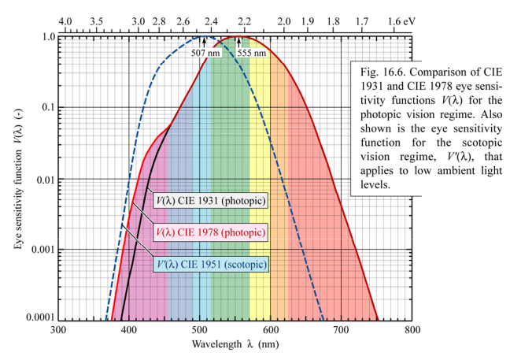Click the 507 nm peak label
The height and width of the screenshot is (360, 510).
[204, 54]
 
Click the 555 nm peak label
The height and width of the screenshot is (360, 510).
[253, 54]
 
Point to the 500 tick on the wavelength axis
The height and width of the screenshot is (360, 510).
[200, 329]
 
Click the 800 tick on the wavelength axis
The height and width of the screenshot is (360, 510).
[412, 329]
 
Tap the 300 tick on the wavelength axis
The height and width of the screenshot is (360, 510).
[58, 329]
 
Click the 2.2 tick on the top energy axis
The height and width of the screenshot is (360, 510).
[244, 22]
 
